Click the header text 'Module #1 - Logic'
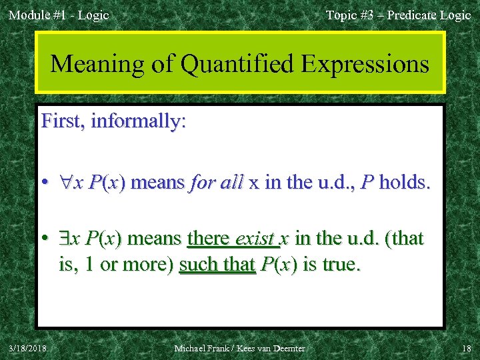59,15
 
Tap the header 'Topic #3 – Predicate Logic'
398,15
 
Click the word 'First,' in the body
63,121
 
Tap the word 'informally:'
139,121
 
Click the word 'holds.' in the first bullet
405,183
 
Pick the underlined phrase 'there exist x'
239,238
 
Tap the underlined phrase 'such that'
217,264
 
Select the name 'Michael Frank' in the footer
201,348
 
